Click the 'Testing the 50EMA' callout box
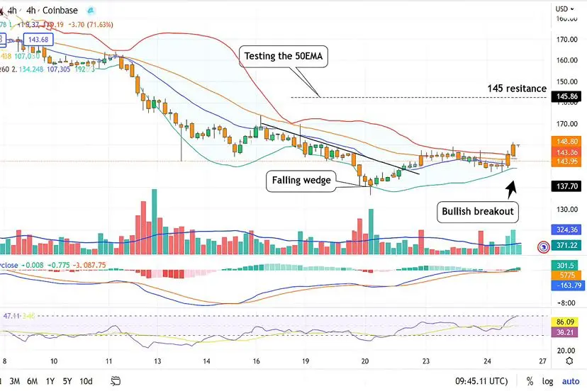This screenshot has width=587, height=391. pos(284,57)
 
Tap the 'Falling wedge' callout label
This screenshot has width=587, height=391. pos(301,181)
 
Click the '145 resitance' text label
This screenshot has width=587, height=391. pos(516,89)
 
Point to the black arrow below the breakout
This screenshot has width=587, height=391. pos(511,187)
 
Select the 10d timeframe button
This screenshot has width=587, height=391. pos(86,380)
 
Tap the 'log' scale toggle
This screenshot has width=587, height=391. pos(549,380)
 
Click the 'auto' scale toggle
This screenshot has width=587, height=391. pos(570,380)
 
